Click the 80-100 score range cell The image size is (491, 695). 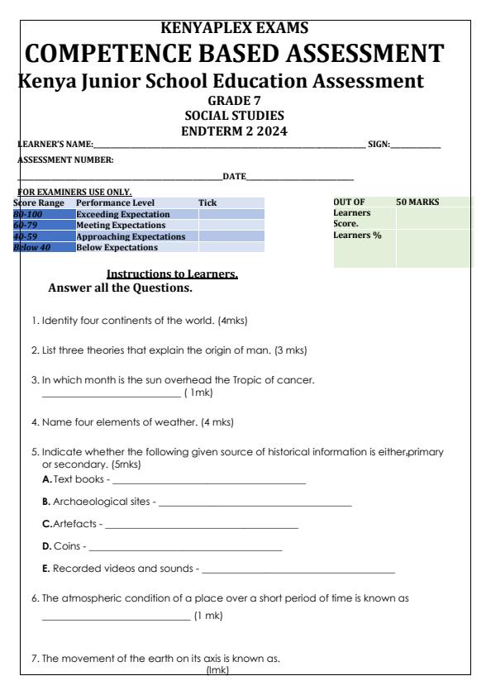click(x=28, y=214)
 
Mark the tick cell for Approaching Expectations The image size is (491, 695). click(x=231, y=236)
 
